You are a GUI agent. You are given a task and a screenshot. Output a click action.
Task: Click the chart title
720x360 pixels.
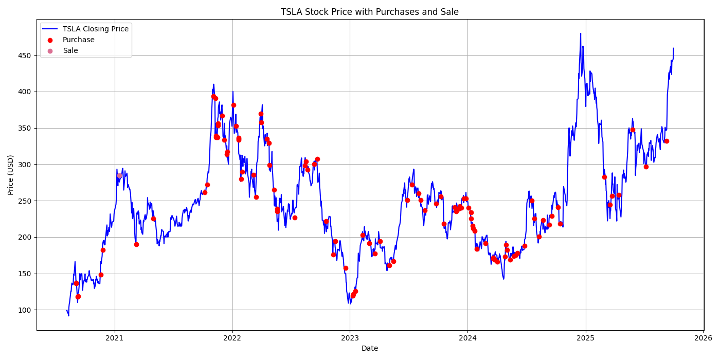369,12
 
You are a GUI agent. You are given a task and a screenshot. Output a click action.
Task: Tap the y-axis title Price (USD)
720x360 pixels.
11,175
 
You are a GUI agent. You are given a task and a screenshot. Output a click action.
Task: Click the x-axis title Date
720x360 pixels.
369,348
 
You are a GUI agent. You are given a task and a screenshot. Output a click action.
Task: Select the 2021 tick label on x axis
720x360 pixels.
114,338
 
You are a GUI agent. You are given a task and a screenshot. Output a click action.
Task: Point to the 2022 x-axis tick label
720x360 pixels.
232,338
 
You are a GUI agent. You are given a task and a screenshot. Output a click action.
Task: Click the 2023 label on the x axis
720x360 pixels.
350,338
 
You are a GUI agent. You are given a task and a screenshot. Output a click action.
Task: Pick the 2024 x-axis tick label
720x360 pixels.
467,338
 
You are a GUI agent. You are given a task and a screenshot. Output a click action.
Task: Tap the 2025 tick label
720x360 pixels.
585,338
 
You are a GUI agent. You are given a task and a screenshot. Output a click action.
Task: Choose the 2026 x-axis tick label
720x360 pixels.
703,338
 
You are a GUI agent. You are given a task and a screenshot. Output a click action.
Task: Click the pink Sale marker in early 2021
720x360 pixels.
119,175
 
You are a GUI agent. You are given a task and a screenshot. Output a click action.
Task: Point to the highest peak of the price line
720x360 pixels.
581,33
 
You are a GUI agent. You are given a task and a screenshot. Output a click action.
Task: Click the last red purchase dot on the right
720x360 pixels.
667,141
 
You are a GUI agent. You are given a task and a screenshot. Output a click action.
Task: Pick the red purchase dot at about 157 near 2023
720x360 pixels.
346,268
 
